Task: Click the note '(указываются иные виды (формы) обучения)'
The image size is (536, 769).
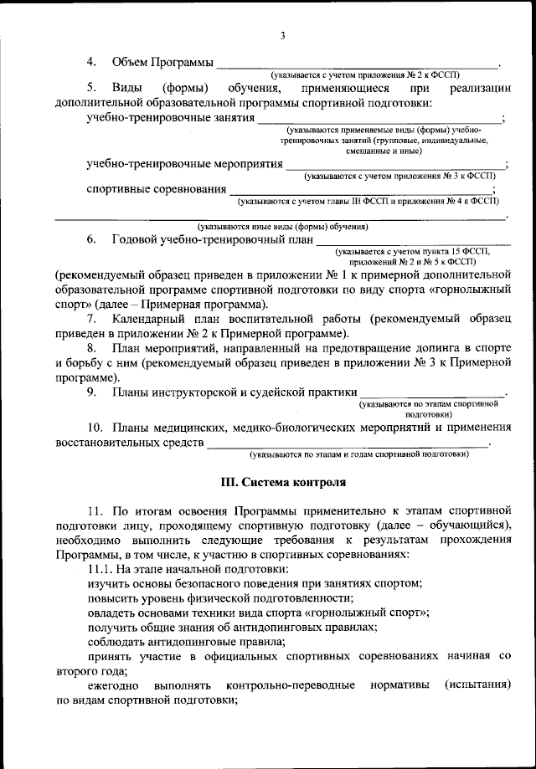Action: [283, 227]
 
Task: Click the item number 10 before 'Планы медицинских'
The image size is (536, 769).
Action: [95, 426]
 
